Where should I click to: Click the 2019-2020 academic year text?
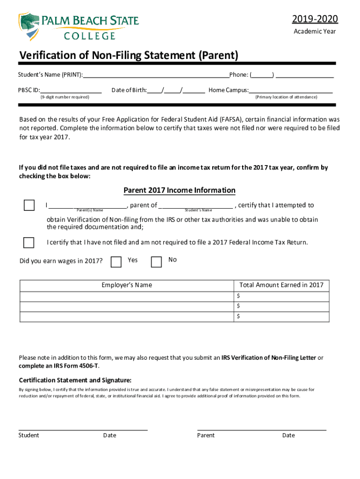coord(315,19)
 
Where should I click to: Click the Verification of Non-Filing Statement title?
coord(129,56)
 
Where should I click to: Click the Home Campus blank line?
coord(290,90)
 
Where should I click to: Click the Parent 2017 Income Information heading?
coord(179,190)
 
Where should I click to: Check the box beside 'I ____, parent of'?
coord(29,205)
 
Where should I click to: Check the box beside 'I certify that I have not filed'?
coord(29,242)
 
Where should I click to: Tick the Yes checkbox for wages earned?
coord(116,261)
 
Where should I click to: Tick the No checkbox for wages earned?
coord(157,261)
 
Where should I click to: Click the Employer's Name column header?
coord(127,285)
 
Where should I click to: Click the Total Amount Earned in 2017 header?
coord(281,285)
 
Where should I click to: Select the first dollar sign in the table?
coord(238,296)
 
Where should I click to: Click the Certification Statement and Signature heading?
coord(75,380)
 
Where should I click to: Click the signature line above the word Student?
coord(83,429)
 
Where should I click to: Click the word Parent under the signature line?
coord(206,435)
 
